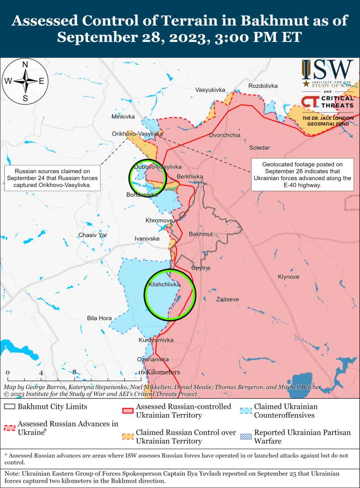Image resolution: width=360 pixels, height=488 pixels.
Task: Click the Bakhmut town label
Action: click(201, 235)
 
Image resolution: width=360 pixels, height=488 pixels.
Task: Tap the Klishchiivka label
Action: click(164, 285)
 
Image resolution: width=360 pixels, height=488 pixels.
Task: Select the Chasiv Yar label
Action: click(93, 235)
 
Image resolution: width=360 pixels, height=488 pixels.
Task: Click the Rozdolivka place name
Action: click(263, 86)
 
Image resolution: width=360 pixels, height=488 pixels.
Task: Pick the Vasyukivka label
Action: click(210, 90)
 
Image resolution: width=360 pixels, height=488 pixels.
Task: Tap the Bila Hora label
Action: click(99, 318)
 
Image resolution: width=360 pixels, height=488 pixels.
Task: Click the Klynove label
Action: click(288, 276)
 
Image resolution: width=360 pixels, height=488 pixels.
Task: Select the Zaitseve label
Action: click(228, 299)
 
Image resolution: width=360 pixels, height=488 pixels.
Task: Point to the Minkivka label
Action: click(123, 117)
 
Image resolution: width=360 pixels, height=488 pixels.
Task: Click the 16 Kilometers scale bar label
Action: click(160, 372)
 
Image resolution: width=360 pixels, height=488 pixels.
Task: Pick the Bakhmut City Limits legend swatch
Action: click(9, 407)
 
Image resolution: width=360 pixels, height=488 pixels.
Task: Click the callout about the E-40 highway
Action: click(302, 175)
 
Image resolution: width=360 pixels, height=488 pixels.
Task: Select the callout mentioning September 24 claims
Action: click(52, 178)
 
